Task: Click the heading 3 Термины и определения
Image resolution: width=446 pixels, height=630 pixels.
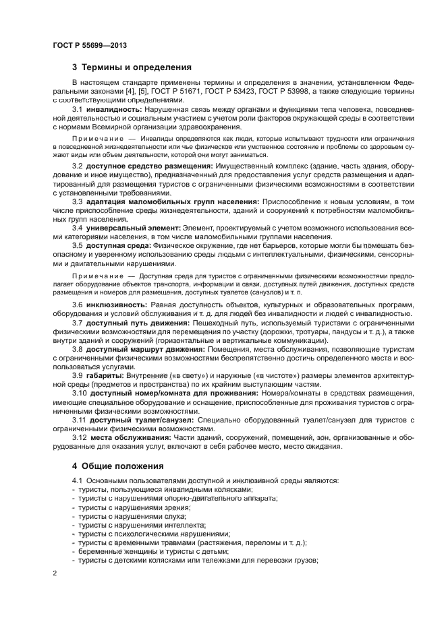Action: click(x=132, y=67)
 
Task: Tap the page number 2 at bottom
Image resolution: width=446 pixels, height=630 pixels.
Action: click(x=55, y=572)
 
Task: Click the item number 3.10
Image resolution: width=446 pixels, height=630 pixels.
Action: click(x=81, y=393)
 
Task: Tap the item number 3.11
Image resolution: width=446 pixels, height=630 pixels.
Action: click(x=80, y=420)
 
